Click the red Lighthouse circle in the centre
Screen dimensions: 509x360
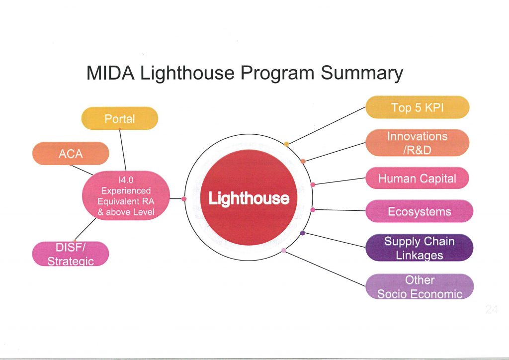249,197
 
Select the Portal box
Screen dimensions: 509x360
119,118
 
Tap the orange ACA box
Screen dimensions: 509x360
71,153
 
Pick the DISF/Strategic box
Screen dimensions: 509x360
71,254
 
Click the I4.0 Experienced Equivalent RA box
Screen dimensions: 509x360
126,196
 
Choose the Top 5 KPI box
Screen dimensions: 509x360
418,107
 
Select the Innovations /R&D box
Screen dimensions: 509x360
418,143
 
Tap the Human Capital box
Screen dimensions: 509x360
418,178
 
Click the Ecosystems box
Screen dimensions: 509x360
420,211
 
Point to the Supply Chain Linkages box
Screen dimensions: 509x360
420,248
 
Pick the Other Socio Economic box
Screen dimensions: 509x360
420,286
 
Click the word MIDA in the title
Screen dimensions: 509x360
110,73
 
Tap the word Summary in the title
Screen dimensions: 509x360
362,74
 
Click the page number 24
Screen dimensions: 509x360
492,309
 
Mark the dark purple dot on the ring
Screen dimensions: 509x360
303,233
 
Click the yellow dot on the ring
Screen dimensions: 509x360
286,144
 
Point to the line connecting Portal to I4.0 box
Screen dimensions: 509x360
123,150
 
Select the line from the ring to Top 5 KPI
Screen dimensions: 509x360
327,125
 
